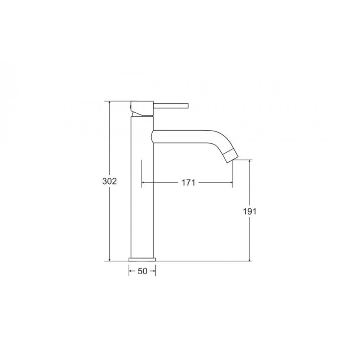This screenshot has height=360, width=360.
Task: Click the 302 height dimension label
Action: click(x=109, y=181)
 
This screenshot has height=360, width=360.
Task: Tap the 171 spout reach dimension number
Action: click(x=189, y=183)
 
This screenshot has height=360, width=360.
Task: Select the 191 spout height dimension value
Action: click(x=249, y=211)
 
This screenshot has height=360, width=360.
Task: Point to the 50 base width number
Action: click(x=142, y=271)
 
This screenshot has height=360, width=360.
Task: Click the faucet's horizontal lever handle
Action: click(x=171, y=106)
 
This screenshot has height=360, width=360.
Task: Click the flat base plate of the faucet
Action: click(x=142, y=259)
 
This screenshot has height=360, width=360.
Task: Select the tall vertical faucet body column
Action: click(x=142, y=187)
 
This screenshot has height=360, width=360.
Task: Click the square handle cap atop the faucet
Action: click(x=142, y=108)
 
